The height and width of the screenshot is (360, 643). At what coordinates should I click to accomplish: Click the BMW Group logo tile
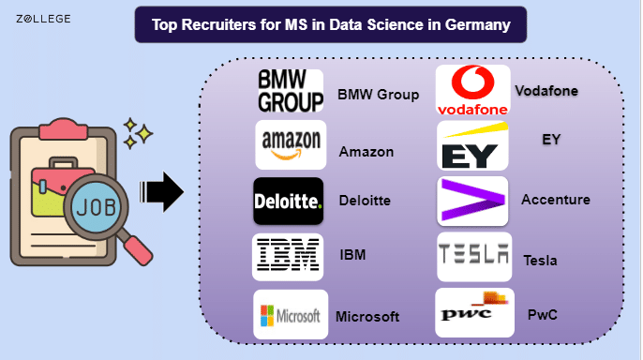[x=291, y=91]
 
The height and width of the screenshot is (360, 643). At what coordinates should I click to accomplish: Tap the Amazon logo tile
[x=291, y=144]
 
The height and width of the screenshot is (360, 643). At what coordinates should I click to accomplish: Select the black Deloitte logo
[x=289, y=201]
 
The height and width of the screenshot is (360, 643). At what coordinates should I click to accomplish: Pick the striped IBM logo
[x=288, y=257]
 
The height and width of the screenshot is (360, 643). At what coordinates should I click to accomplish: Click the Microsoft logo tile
[x=291, y=314]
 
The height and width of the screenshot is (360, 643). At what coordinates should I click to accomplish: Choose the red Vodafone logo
[x=472, y=90]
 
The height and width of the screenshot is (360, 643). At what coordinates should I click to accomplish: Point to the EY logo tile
[x=472, y=145]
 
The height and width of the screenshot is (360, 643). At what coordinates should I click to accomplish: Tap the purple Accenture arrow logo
[x=472, y=201]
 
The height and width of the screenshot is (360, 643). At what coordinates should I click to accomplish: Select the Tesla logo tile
[x=474, y=257]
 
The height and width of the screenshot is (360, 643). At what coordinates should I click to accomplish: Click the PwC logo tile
[x=474, y=312]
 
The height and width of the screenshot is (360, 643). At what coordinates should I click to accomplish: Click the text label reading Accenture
[x=556, y=200]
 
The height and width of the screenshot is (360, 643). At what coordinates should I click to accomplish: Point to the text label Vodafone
[x=546, y=91]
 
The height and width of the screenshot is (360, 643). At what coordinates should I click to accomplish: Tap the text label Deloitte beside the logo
[x=365, y=201]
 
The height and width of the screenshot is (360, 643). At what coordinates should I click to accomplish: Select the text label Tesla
[x=540, y=261]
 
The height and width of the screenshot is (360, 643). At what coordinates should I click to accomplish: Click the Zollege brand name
[x=43, y=19]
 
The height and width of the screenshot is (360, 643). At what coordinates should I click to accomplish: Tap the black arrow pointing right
[x=161, y=191]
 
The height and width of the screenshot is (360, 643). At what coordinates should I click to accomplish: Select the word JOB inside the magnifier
[x=97, y=207]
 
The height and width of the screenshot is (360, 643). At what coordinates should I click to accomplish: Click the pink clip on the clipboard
[x=63, y=129]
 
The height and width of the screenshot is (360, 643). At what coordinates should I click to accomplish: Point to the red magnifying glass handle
[x=138, y=250]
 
